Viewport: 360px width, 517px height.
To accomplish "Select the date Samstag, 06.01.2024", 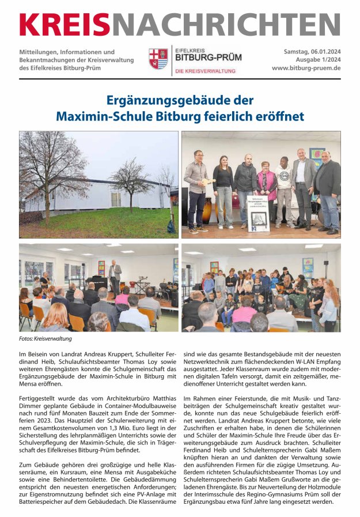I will (312, 52).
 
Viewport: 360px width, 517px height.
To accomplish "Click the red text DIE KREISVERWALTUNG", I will (206, 71).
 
